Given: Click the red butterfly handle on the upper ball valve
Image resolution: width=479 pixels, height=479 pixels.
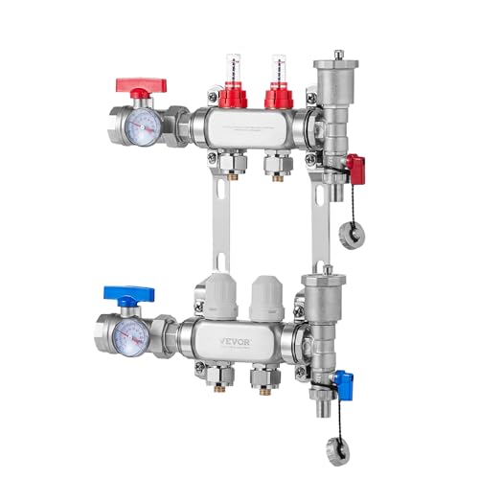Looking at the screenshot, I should pos(141,84).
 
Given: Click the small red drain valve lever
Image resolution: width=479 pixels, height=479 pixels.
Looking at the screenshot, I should pos(356,170).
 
